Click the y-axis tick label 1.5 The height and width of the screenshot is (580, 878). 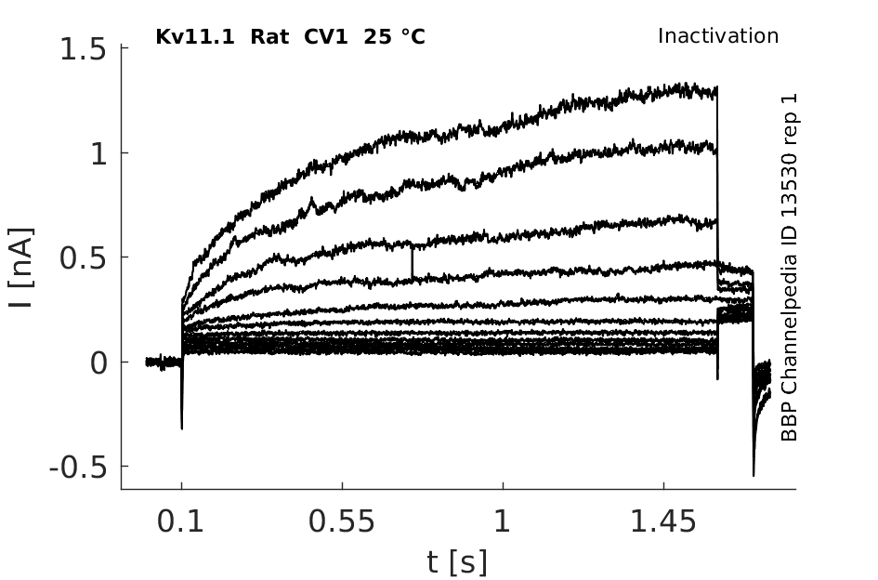pos(83,49)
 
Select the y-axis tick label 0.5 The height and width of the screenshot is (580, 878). pos(83,257)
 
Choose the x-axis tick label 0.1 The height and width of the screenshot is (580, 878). pos(181,522)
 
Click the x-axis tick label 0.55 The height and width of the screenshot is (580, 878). pos(342,522)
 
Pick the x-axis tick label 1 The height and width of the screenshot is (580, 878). pos(503,522)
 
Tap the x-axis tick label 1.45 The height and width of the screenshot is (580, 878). pos(663,522)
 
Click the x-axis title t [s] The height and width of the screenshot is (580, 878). pos(457,561)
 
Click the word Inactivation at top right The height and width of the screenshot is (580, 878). pos(717,36)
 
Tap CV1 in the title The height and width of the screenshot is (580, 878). pos(321,38)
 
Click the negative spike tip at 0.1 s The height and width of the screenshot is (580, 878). pos(181,427)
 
